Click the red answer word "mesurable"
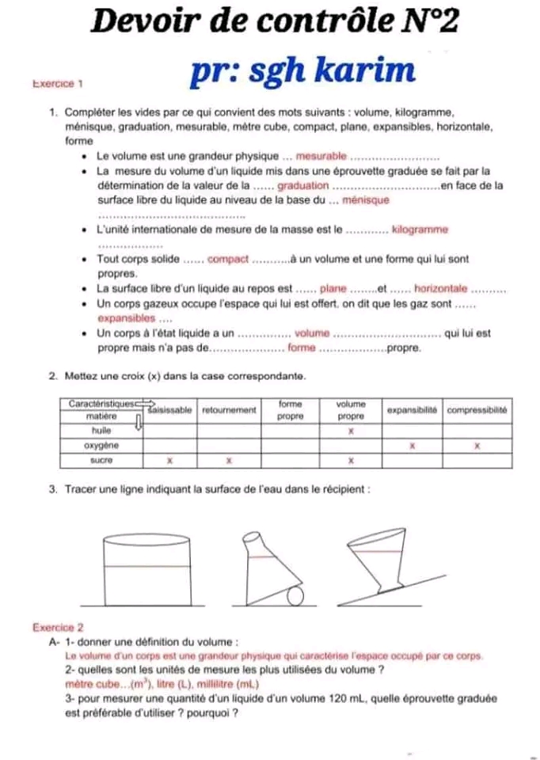[x=321, y=156]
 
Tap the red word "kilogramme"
[x=420, y=230]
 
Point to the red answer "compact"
[x=228, y=259]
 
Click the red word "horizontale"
[x=441, y=289]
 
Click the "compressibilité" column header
[x=477, y=410]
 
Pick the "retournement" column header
[x=230, y=410]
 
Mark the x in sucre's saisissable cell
[x=169, y=460]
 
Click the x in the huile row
[x=351, y=431]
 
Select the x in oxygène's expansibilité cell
[x=412, y=446]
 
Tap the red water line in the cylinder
[x=148, y=567]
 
